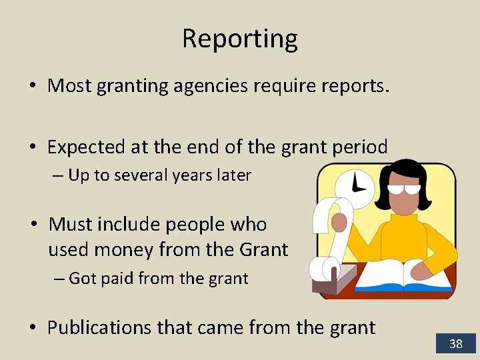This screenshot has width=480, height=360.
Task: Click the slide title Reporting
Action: [239, 39]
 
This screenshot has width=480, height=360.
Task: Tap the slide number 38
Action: [456, 344]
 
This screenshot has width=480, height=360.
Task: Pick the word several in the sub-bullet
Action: [141, 176]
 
